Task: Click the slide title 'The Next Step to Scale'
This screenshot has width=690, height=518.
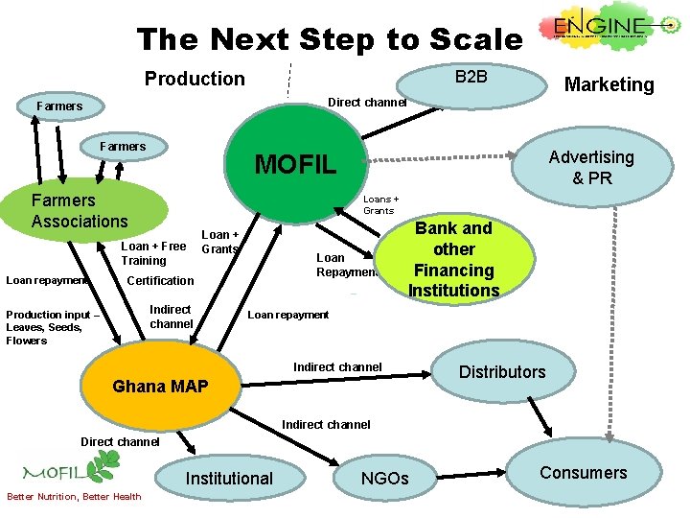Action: coord(330,40)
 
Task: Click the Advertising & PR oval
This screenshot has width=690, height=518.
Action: coord(590,167)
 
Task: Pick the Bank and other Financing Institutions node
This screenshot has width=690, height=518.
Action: coord(453,259)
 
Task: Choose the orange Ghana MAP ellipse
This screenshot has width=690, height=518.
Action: coord(160,387)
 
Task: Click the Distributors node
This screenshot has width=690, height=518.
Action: coord(502,371)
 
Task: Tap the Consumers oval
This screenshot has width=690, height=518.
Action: coord(583,472)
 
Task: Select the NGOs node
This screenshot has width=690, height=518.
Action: coord(384,478)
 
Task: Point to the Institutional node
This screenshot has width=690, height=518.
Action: coord(229,478)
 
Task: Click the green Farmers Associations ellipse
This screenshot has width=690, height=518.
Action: coord(82,210)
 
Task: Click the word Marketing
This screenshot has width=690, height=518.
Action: coord(609,84)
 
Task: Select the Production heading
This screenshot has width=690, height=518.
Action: coord(195,79)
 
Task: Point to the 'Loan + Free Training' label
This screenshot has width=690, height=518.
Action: coord(153,253)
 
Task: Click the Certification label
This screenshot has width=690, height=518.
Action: coord(160,281)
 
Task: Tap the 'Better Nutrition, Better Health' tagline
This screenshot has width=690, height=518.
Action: coord(74,496)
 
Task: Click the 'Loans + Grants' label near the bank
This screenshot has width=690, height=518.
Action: coord(379,204)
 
